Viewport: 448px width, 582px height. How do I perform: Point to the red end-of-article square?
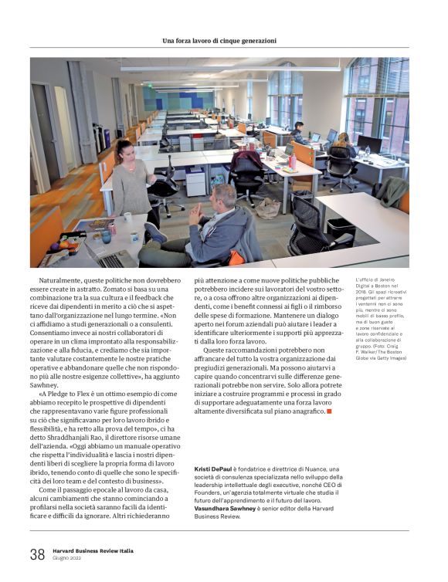329,411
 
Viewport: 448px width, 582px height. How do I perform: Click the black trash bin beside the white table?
340,228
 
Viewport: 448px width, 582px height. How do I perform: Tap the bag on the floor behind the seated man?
268,208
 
